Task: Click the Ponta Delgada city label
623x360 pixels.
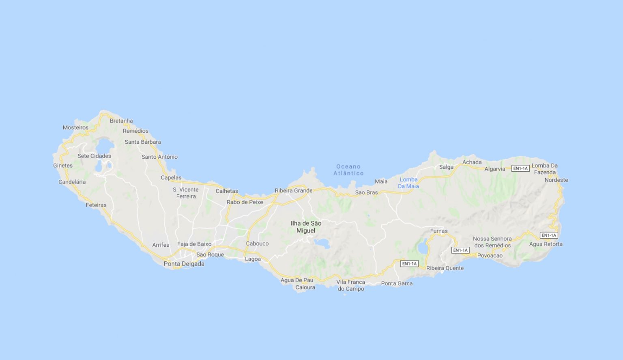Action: pyautogui.click(x=184, y=264)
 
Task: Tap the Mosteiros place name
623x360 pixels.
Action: pyautogui.click(x=75, y=127)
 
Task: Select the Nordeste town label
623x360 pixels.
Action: pyautogui.click(x=556, y=180)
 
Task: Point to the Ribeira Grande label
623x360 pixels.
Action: pyautogui.click(x=293, y=190)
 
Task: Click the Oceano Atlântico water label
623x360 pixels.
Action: pyautogui.click(x=348, y=170)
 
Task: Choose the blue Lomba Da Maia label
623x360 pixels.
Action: pyautogui.click(x=408, y=183)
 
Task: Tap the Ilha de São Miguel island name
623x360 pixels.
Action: pyautogui.click(x=306, y=227)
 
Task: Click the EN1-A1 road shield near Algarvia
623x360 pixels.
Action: pyautogui.click(x=520, y=168)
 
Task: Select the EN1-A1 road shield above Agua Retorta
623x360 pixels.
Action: pyautogui.click(x=549, y=235)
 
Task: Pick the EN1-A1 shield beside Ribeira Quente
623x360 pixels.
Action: pyautogui.click(x=409, y=264)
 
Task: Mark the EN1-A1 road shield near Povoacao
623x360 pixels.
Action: pyautogui.click(x=460, y=250)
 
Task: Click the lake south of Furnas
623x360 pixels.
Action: pyautogui.click(x=423, y=248)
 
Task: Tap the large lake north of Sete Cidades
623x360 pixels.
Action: pyautogui.click(x=104, y=145)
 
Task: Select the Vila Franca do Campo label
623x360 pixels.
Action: pyautogui.click(x=351, y=285)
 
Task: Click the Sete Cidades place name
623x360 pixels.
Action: pyautogui.click(x=94, y=156)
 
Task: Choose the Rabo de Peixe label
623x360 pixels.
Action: pyautogui.click(x=245, y=202)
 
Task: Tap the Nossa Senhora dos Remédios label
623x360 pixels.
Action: pyautogui.click(x=492, y=242)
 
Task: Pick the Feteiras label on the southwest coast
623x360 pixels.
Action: pyautogui.click(x=96, y=205)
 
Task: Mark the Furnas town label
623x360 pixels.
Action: pyautogui.click(x=438, y=231)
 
